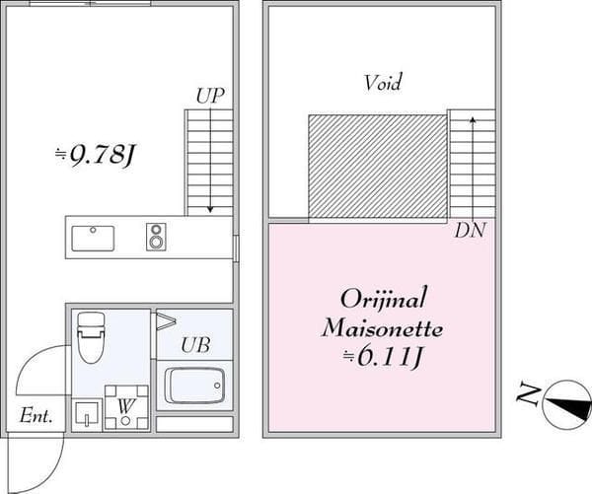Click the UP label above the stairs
[210, 96]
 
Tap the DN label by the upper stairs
[470, 230]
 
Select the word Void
[383, 82]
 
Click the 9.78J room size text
[95, 155]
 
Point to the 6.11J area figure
[382, 356]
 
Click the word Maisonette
[382, 328]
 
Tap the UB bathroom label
[195, 345]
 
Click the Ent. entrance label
[36, 415]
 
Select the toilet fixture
[91, 337]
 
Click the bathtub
[194, 386]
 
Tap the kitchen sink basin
[93, 239]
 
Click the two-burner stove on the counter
[156, 237]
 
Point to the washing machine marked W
[126, 407]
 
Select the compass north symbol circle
[566, 404]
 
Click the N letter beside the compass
[528, 394]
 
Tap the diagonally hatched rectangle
[377, 167]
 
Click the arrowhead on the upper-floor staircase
[473, 119]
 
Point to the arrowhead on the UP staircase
[210, 209]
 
